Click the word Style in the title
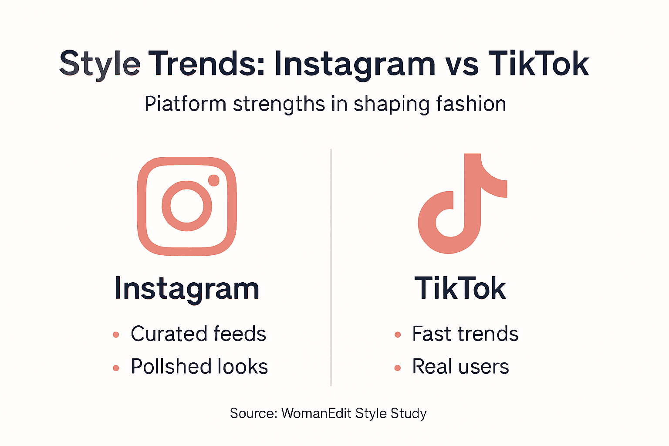click(x=100, y=64)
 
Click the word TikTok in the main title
click(x=538, y=64)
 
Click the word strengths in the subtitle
click(x=279, y=105)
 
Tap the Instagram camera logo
click(x=187, y=206)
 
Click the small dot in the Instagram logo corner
click(x=213, y=180)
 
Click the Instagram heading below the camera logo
click(x=187, y=289)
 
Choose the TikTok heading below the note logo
click(x=460, y=288)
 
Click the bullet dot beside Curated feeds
click(x=116, y=334)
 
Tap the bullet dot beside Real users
click(x=397, y=368)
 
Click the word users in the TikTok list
click(x=484, y=367)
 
